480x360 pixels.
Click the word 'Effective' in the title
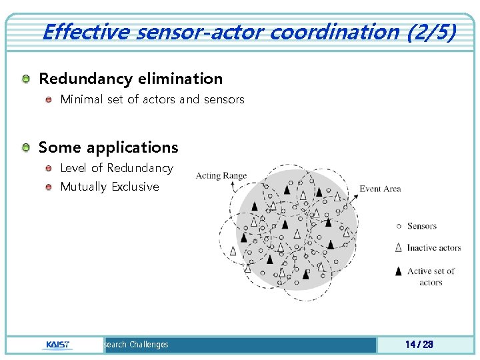coord(84,31)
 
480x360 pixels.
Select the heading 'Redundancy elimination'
coord(131,79)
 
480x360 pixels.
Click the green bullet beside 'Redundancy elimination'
coord(25,79)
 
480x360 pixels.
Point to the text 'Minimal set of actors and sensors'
coord(152,99)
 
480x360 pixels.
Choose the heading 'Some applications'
coord(109,147)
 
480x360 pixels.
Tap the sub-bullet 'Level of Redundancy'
coord(116,168)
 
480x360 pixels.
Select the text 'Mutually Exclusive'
coord(109,187)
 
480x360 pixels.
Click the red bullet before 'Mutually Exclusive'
coord(49,187)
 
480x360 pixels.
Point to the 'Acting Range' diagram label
coord(221,176)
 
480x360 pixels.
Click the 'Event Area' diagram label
coord(380,189)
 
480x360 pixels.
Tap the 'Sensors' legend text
coord(421,226)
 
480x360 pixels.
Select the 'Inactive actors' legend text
coord(433,247)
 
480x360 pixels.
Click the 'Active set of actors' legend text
coord(431,276)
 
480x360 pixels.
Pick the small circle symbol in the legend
coord(399,226)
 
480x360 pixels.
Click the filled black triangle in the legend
coord(399,271)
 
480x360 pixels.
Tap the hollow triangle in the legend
coord(399,247)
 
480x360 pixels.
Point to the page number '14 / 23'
coord(419,345)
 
